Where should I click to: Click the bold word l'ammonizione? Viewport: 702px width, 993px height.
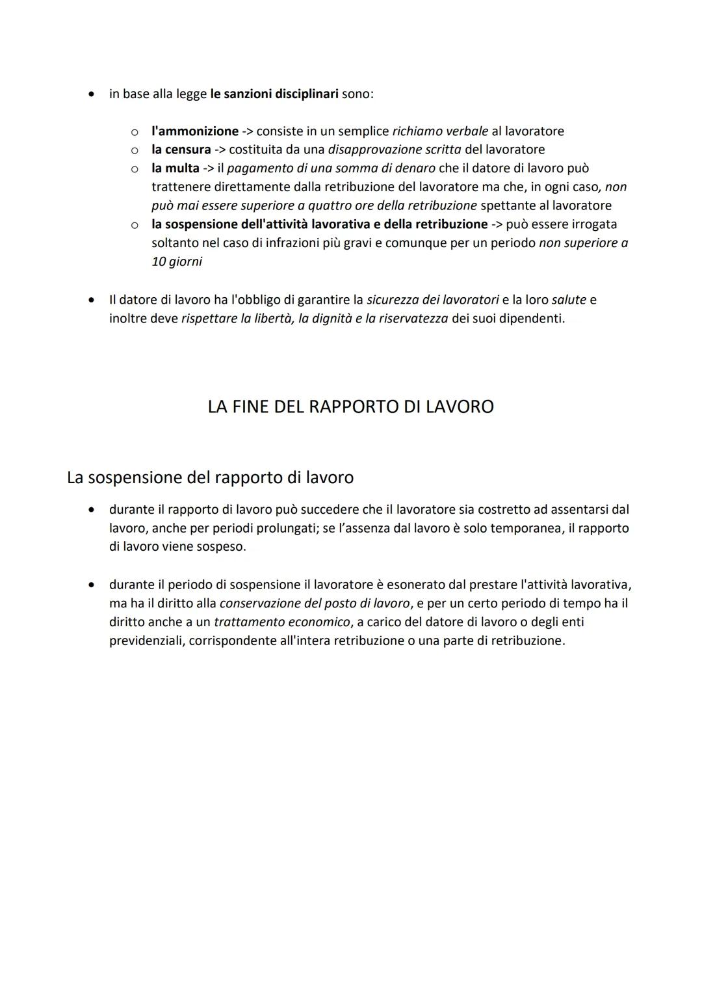[195, 131]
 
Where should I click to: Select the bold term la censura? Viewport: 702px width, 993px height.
[181, 150]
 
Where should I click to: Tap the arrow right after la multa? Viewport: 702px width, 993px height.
[208, 168]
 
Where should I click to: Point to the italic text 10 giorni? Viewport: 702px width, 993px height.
[176, 262]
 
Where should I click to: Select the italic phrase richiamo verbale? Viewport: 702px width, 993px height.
[440, 131]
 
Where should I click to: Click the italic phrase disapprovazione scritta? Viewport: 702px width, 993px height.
[395, 150]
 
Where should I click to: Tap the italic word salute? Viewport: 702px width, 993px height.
[569, 300]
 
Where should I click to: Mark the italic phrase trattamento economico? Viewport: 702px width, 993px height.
[281, 622]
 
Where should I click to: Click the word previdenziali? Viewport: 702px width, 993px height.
[147, 641]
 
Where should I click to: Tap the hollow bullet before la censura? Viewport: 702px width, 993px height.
[134, 150]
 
